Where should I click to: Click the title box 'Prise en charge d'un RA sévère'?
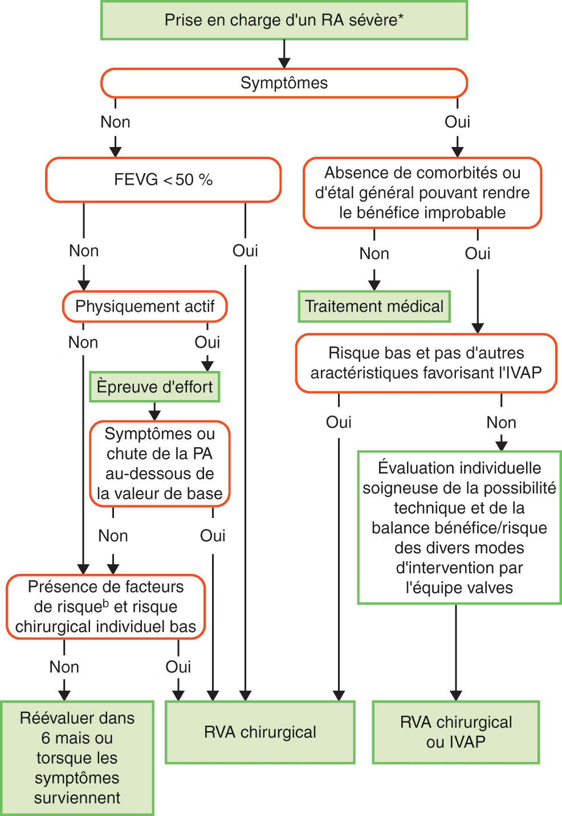[284, 21]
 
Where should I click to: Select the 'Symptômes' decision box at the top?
[284, 83]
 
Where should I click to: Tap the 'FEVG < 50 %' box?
[164, 180]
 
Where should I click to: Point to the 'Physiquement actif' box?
[145, 307]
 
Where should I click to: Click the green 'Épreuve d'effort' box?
[154, 387]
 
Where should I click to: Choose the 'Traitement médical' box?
[374, 307]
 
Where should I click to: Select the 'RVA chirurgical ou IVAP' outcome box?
[456, 732]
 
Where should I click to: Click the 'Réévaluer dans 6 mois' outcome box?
[77, 758]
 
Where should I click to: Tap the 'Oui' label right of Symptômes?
[457, 122]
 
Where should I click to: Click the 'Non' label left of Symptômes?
[115, 122]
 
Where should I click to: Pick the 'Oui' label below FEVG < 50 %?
[245, 251]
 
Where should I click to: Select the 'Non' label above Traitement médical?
[374, 254]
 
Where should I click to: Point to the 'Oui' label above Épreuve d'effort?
[207, 342]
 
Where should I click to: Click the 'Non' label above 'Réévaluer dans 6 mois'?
[64, 667]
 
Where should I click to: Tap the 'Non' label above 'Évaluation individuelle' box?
[501, 422]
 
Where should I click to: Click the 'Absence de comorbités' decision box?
[422, 193]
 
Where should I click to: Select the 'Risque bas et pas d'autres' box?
[426, 363]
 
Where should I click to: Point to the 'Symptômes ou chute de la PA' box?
[160, 464]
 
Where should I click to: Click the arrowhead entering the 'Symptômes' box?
[284, 62]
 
